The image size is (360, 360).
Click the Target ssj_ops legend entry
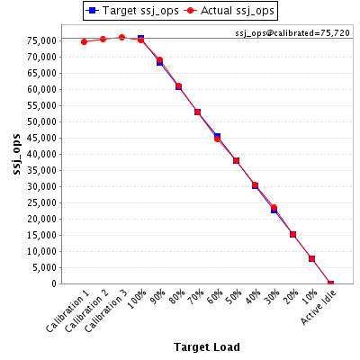point(132,11)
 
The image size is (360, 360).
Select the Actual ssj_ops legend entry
point(229,11)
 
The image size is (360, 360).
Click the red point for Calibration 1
point(84,41)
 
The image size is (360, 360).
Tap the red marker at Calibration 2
point(103,39)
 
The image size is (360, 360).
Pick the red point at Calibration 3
point(121,38)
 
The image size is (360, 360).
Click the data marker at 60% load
point(217,139)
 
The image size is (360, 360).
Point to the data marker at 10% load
point(311,258)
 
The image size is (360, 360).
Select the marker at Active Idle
point(330,283)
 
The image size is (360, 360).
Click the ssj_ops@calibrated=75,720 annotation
point(292,33)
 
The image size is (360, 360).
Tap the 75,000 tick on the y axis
point(42,40)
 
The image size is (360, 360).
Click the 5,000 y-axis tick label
point(44,267)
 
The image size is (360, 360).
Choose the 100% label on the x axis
point(137,300)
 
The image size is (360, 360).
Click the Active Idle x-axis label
point(319,308)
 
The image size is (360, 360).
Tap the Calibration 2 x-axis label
point(86,311)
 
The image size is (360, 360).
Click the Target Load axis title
point(207,347)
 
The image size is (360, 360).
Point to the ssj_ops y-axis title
point(16,154)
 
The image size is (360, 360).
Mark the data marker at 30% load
point(274,208)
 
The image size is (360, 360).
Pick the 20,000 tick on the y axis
point(42,219)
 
